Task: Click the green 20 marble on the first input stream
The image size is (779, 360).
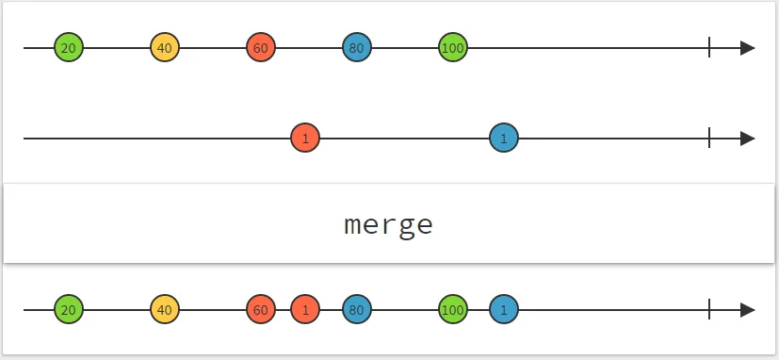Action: pyautogui.click(x=68, y=48)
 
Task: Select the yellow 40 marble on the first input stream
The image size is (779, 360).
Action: pyautogui.click(x=165, y=48)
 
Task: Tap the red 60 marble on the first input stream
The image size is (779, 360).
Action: pyautogui.click(x=261, y=48)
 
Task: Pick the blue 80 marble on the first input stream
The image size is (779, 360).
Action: pyautogui.click(x=357, y=48)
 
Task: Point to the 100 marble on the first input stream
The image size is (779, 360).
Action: pyautogui.click(x=453, y=48)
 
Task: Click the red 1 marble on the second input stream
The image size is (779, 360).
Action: pyautogui.click(x=305, y=139)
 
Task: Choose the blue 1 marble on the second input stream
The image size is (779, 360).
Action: pyautogui.click(x=504, y=139)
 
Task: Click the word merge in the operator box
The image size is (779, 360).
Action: pyautogui.click(x=388, y=225)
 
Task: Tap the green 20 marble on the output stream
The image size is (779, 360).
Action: pyautogui.click(x=68, y=310)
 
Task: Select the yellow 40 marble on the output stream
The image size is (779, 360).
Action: pyautogui.click(x=165, y=310)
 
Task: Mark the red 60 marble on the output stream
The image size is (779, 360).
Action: pyautogui.click(x=261, y=310)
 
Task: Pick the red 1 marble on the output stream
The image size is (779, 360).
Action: pyautogui.click(x=305, y=310)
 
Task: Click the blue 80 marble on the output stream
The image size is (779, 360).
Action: pyautogui.click(x=357, y=310)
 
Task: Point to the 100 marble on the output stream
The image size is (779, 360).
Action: pyautogui.click(x=453, y=310)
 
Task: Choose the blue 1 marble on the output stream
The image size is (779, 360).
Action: pyautogui.click(x=504, y=310)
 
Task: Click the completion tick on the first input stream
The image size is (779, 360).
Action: pyautogui.click(x=709, y=48)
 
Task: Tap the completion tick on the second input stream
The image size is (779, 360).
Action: pyautogui.click(x=709, y=139)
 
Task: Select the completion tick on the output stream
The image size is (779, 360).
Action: pyautogui.click(x=709, y=310)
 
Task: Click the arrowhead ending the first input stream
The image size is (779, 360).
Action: pyautogui.click(x=748, y=48)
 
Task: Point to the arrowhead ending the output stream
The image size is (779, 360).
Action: pyautogui.click(x=748, y=310)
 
